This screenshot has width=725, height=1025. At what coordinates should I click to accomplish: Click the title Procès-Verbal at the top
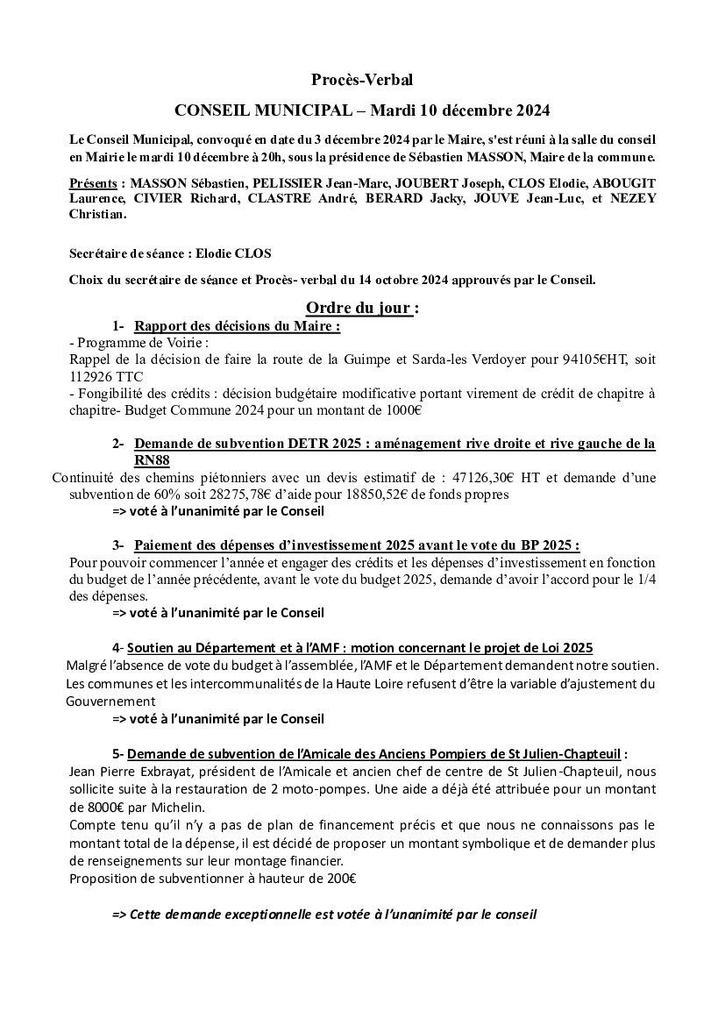click(361, 80)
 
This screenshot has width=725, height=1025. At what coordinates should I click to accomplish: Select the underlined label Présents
click(92, 183)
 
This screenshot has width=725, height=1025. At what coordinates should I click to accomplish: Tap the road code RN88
click(152, 460)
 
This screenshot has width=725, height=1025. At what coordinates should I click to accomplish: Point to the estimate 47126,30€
click(483, 478)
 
